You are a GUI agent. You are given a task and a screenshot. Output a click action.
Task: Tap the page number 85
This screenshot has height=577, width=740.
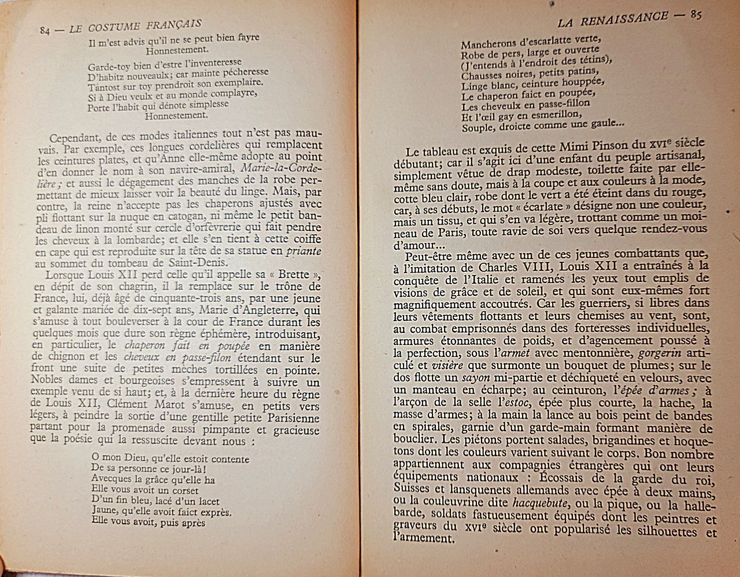[x=694, y=16]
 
